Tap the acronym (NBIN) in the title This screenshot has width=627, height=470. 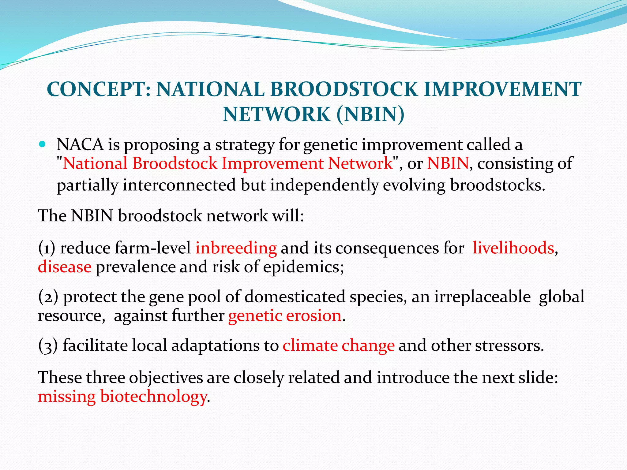pos(370,114)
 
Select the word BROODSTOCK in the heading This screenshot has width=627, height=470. pos(344,89)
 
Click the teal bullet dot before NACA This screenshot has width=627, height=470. pos(42,144)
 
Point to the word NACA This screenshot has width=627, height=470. pos(80,144)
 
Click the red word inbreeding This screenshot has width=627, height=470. pos(236,248)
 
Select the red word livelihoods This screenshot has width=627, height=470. pos(513,248)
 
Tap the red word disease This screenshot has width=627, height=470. pos(65,267)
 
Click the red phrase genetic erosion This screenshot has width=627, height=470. pos(285,315)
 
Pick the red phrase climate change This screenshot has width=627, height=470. pos(338,345)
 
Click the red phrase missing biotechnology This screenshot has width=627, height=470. pos(122,396)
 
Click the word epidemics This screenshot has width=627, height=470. pos(303,267)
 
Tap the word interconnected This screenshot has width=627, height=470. pos(179,185)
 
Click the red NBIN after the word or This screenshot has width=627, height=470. pos(448,163)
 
